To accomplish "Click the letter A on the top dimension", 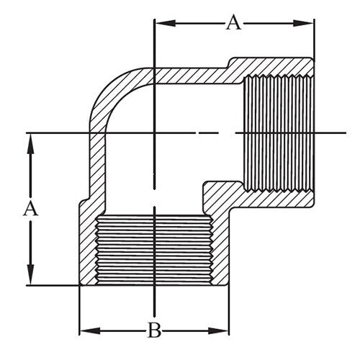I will pos(233,22).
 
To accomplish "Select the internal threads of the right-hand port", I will pos(276,132).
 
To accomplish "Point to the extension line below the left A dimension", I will pos(50,286).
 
